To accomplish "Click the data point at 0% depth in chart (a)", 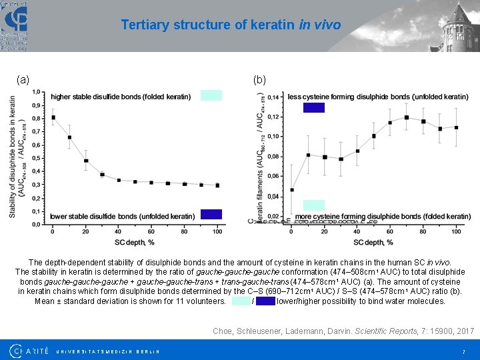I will point(53,117).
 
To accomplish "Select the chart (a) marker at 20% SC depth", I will point(86,161).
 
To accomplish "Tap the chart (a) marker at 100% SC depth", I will point(217,185).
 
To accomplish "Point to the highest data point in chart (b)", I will point(407,117).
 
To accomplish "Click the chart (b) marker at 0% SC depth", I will point(292,190).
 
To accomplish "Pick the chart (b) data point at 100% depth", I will point(456,127).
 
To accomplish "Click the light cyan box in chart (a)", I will point(211,95).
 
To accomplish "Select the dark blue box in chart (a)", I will point(211,214).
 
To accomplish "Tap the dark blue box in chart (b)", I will point(313,107).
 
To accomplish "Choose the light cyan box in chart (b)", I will point(313,205).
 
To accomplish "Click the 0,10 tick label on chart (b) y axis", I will point(273,137).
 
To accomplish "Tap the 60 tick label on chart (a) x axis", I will point(151,231).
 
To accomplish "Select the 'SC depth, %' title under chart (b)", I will point(373,242).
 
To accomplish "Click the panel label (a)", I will point(23,79).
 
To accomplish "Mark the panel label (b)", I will point(259,79).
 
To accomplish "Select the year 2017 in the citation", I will point(465,331).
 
